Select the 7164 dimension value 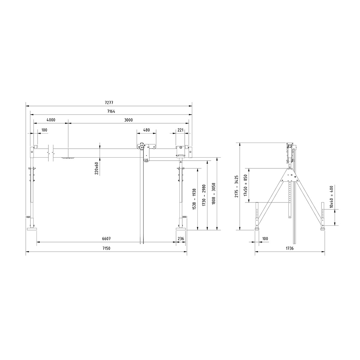111,111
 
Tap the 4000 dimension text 51,120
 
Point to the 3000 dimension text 128,120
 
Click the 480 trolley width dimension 146,130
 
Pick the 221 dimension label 181,130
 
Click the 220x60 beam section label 97,168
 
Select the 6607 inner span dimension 106,239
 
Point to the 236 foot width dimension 181,239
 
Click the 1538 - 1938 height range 194,199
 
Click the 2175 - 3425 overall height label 237,186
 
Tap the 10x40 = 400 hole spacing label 331,197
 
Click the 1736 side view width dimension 289,248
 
